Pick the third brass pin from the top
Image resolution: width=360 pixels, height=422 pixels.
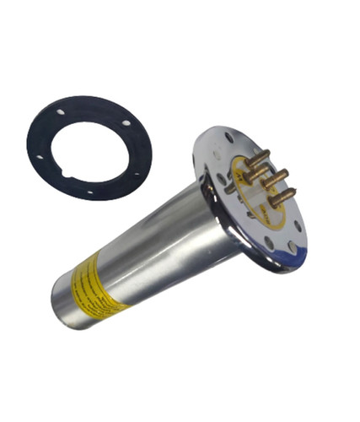point(275,179)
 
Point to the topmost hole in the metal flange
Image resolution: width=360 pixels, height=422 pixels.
point(229,137)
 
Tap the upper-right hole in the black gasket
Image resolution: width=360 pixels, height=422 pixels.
point(126,123)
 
